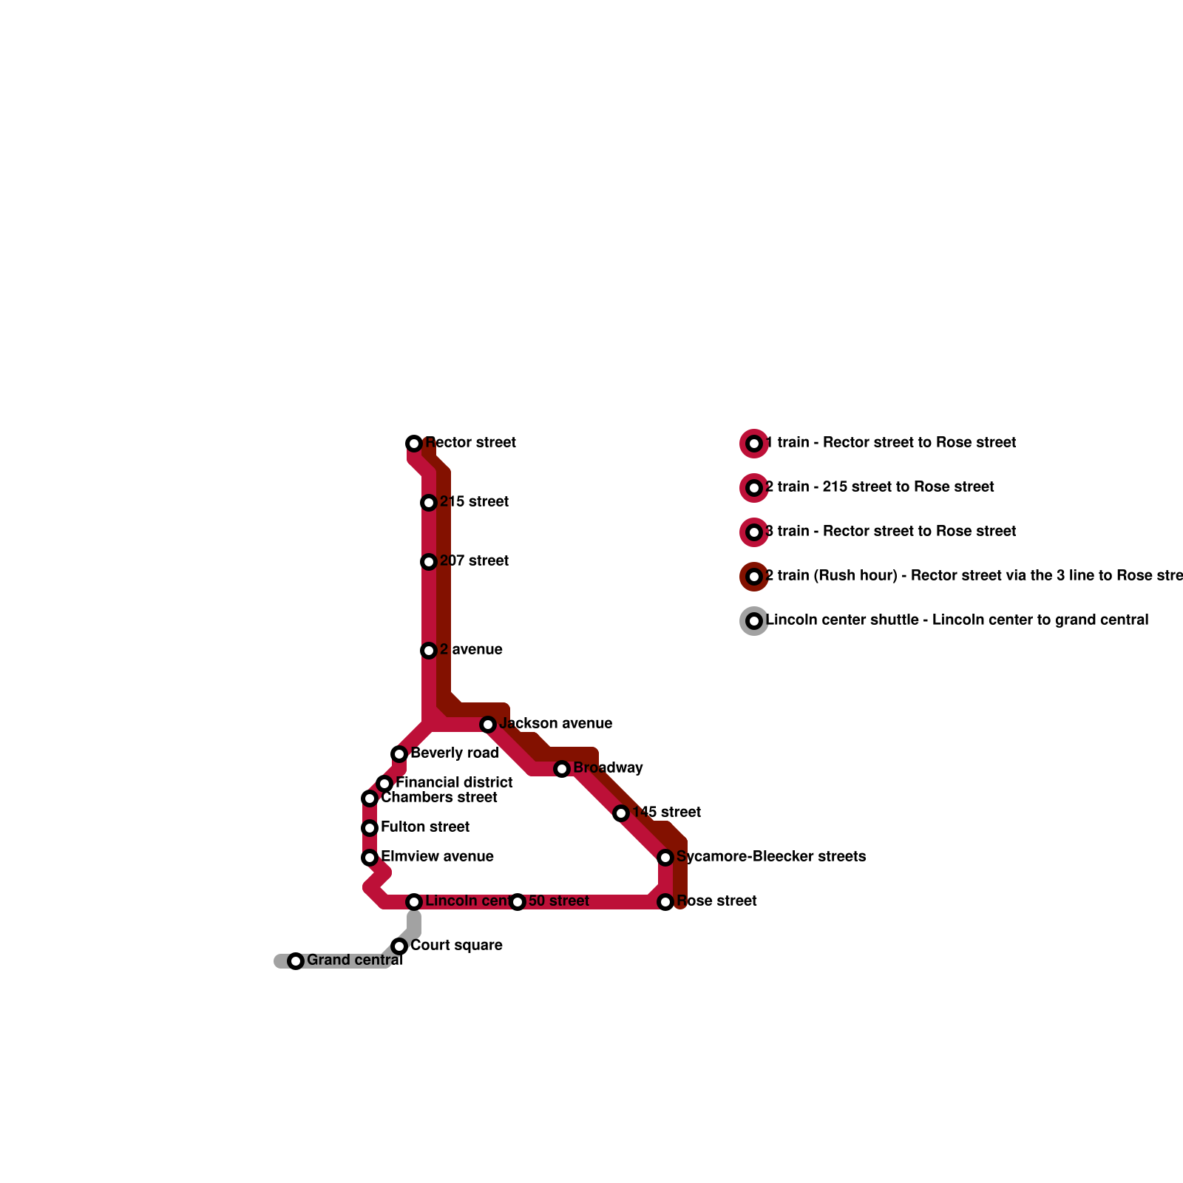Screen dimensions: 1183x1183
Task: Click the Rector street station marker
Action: point(414,444)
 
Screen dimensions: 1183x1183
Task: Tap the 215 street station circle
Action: point(429,503)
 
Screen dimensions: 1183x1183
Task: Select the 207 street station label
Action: point(474,561)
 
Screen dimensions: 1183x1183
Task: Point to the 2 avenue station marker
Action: point(429,651)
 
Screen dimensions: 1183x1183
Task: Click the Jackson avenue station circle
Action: point(488,725)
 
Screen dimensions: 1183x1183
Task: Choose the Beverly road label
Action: point(454,753)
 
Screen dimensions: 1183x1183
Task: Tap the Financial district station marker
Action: point(384,784)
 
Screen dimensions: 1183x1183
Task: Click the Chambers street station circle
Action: point(370,799)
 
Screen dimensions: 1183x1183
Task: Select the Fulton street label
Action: point(425,827)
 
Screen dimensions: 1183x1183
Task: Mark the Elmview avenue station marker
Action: point(370,858)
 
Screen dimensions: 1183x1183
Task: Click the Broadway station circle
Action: point(562,769)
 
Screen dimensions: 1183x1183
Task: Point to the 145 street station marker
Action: point(621,813)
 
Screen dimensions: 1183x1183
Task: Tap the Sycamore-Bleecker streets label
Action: point(771,857)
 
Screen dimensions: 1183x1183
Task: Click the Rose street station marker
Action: point(665,902)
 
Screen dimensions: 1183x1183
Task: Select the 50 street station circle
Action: point(518,902)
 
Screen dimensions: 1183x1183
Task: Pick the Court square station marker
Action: point(399,946)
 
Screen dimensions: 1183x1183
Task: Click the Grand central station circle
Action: point(296,961)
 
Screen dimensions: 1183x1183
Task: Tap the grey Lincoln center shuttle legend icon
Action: point(754,621)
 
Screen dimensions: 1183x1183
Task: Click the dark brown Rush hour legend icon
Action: point(754,577)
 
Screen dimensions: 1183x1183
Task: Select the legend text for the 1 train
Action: point(891,443)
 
